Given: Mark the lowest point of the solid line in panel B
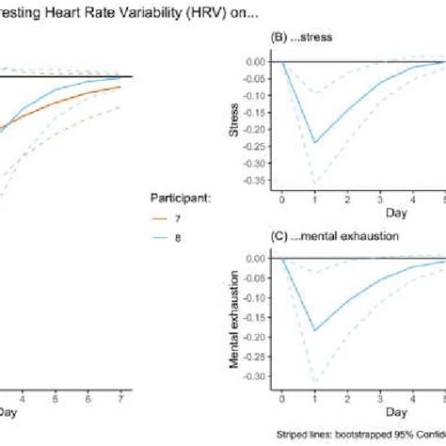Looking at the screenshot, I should tap(314, 142).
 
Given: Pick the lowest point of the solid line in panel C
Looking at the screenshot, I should tap(314, 330).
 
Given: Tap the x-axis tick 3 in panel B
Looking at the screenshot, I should tap(379, 201).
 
